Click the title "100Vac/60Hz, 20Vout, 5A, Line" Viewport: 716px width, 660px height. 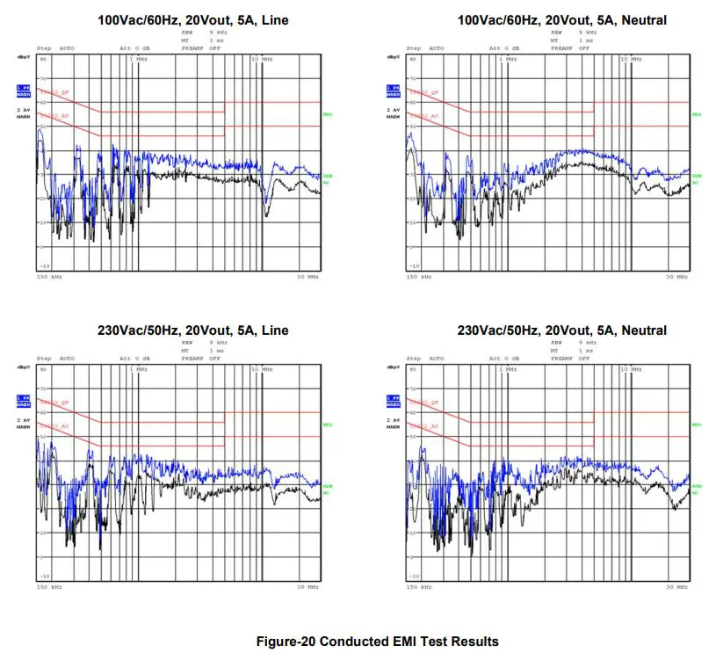(206, 19)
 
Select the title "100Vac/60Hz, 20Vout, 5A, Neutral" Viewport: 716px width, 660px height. (561, 19)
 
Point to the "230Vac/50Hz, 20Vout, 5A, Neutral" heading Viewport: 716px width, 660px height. (561, 330)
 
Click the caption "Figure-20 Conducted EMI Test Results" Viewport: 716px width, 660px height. (378, 641)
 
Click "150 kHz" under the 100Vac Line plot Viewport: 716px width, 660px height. (49, 277)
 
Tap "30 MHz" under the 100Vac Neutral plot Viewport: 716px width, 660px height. (677, 277)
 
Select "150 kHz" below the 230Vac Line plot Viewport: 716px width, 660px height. (49, 587)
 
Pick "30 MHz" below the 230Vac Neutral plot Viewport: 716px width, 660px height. (677, 587)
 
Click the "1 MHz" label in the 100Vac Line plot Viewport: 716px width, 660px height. (139, 59)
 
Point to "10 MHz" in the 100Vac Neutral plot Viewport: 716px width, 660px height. (631, 59)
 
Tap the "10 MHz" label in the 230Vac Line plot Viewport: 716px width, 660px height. (262, 369)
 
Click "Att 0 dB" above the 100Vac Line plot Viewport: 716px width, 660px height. (134, 48)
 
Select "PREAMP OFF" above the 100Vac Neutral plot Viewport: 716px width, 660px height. (572, 48)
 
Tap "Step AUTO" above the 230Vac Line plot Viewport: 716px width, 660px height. (55, 359)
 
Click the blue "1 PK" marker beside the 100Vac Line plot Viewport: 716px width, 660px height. (24, 89)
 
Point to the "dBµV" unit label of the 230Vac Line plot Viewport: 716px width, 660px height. (23, 367)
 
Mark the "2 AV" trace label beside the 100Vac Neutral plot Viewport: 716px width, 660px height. (393, 109)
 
